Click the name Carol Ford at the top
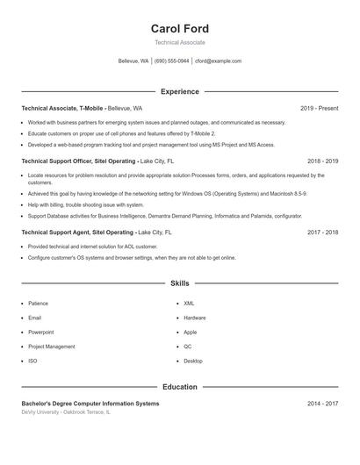pos(179,29)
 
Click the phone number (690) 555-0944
pos(171,61)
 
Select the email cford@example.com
pos(218,61)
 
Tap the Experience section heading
pos(179,91)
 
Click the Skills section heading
pos(179,283)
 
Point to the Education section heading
pos(179,387)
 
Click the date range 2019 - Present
pos(319,108)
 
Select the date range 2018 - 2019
pos(322,161)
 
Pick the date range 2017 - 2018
pos(322,232)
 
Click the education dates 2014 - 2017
pos(322,404)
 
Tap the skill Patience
pos(38,303)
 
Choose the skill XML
pos(189,303)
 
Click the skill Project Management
pos(51,347)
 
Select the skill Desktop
pos(193,361)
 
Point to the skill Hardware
pos(195,318)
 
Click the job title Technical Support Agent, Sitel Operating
pos(77,232)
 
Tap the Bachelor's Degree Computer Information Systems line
pos(90,404)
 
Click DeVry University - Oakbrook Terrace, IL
pos(66,411)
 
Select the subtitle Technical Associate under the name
pos(179,42)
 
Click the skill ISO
pos(32,361)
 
